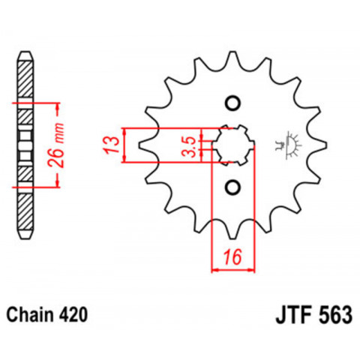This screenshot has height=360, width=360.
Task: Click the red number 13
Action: point(110,144)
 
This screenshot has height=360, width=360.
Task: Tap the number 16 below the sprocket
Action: point(233,256)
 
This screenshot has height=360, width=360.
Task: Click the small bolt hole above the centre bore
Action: point(233,103)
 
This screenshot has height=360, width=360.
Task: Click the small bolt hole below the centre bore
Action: point(233,186)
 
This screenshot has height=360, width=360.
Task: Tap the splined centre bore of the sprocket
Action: point(233,144)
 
